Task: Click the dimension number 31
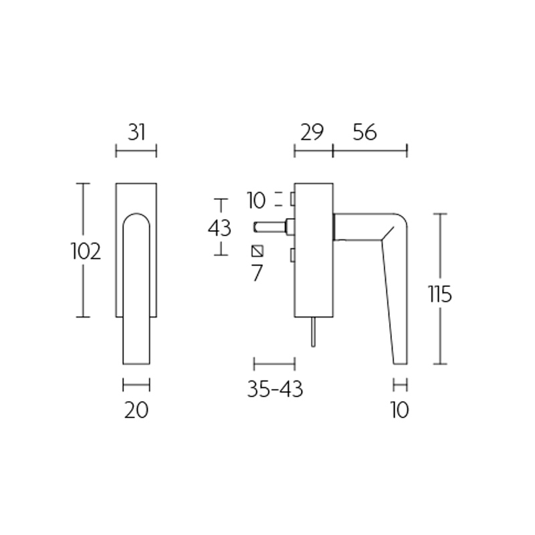pos(136,132)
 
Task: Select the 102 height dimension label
pos(86,251)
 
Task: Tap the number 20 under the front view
pos(136,409)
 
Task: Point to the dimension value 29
pos(312,132)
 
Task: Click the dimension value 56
pos(364,132)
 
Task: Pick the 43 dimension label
pos(219,228)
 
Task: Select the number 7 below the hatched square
pos(257,273)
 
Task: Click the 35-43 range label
pos(275,389)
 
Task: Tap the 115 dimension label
pos(441,294)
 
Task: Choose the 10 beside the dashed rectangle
pos(256,199)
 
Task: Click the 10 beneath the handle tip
pos(399,409)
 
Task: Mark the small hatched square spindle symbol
pos(257,251)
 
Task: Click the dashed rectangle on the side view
pos(292,199)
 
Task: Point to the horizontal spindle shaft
pos(270,227)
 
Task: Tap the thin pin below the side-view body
pos(312,332)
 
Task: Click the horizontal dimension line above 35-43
pos(274,364)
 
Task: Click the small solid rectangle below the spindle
pos(292,255)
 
